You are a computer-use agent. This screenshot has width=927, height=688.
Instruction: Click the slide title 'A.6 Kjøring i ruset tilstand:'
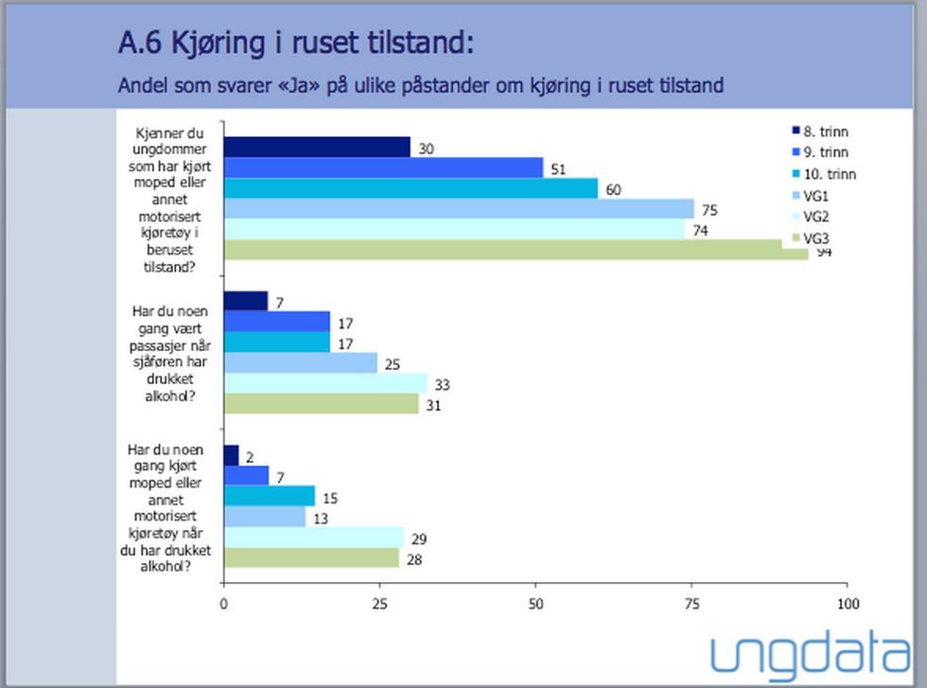295,43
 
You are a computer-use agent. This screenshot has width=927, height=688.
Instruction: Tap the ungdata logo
811,655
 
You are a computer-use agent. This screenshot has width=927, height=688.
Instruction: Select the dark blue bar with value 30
317,147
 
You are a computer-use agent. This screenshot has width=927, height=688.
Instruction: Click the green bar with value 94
516,249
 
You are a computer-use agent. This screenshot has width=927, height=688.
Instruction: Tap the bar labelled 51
383,168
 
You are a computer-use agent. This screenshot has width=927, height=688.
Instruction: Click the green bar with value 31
321,403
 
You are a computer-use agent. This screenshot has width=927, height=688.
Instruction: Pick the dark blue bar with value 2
231,455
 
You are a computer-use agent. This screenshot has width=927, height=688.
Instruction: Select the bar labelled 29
314,538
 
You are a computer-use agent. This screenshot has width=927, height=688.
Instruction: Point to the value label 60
614,188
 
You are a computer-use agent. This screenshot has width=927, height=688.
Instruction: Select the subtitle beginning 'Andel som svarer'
420,86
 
